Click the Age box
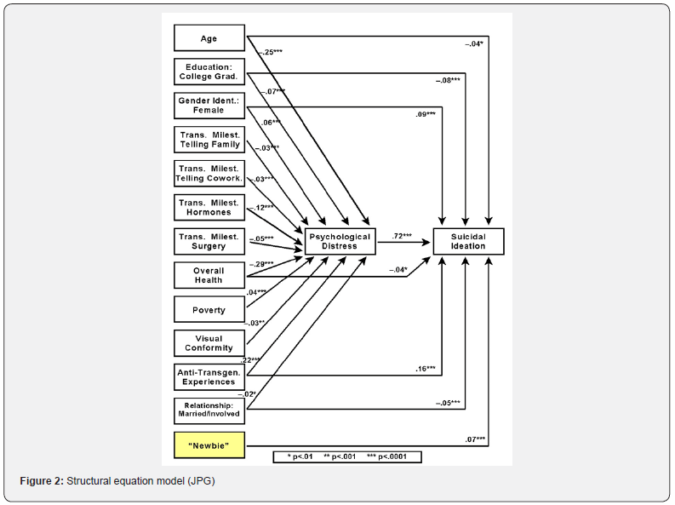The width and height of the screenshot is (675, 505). pos(209,38)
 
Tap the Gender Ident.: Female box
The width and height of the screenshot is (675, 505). pos(209,105)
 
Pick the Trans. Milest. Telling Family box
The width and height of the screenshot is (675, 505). pos(209,139)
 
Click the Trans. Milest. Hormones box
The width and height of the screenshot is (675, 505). pos(209,207)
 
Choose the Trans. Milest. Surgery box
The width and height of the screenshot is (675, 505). pos(209,241)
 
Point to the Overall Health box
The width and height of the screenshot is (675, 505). pos(209,275)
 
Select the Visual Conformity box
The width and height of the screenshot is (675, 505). pos(209,342)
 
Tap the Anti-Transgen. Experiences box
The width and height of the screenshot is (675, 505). pos(209,376)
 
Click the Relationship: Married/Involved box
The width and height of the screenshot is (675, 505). pos(209,410)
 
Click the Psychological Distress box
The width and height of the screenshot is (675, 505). pos(340,241)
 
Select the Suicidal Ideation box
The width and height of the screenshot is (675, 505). pos(469,241)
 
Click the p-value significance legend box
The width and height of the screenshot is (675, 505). pos(347,456)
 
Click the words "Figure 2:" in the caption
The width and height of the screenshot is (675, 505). pos(42,482)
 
